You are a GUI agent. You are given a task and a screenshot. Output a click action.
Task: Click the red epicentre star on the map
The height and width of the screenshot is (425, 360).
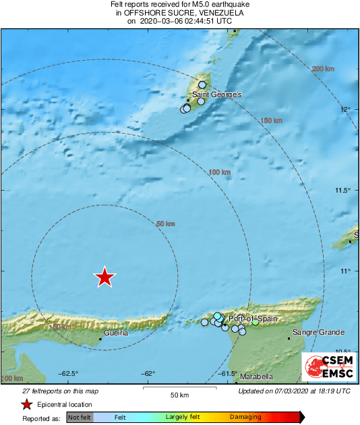pyautogui.click(x=104, y=277)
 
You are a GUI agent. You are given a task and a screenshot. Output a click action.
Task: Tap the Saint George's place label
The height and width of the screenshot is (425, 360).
pyautogui.click(x=217, y=95)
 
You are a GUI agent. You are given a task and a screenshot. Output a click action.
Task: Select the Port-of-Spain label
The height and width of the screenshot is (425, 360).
pyautogui.click(x=249, y=318)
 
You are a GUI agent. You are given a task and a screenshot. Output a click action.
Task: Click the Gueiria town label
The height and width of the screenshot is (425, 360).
pyautogui.click(x=117, y=333)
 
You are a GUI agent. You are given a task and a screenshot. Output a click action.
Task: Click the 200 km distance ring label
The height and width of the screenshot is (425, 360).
pyautogui.click(x=324, y=69)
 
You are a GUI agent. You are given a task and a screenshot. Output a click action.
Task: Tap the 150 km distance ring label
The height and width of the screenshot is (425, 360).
pyautogui.click(x=271, y=121)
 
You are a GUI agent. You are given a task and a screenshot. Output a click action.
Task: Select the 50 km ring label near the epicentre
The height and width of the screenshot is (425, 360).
pyautogui.click(x=165, y=224)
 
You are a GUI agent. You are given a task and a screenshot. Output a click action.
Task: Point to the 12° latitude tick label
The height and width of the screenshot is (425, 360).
pyautogui.click(x=345, y=110)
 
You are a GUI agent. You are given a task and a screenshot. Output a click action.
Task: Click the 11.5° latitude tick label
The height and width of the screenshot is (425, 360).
pyautogui.click(x=343, y=191)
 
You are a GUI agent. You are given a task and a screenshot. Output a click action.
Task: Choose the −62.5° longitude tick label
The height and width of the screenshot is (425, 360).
pyautogui.click(x=69, y=373)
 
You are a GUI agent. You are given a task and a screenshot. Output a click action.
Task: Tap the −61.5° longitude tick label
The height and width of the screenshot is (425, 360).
pyautogui.click(x=227, y=373)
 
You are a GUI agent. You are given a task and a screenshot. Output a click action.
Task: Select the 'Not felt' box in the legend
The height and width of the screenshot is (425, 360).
pyautogui.click(x=80, y=418)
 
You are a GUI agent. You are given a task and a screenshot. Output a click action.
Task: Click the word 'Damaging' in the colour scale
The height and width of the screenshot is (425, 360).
pyautogui.click(x=245, y=418)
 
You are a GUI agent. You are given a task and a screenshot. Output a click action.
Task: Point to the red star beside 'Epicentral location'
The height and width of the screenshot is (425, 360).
pyautogui.click(x=26, y=405)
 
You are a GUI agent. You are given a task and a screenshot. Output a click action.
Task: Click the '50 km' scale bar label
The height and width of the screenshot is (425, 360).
pyautogui.click(x=179, y=394)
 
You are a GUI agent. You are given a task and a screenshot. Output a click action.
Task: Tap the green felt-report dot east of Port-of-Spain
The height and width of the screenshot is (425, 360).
pyautogui.click(x=256, y=323)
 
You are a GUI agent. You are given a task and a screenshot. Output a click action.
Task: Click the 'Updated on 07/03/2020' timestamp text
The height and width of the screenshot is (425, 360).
pyautogui.click(x=295, y=391)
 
